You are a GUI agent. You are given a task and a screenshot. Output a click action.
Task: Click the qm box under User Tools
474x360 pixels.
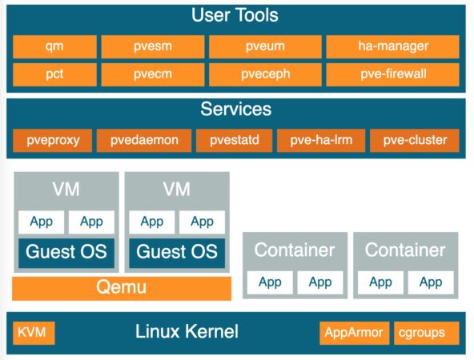pos(54,46)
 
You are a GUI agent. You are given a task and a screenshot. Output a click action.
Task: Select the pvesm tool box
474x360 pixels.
pos(153,46)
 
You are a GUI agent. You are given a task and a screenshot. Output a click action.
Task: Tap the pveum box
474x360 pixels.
pos(265,46)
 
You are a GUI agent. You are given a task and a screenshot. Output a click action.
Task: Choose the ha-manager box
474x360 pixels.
pos(392,46)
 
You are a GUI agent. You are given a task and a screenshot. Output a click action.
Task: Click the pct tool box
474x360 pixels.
pos(54,74)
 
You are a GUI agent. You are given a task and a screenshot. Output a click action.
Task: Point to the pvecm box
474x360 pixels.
pos(153,74)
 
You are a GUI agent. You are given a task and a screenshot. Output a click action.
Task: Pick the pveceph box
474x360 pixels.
pos(265,74)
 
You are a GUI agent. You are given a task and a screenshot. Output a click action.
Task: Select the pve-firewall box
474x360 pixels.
pos(392,74)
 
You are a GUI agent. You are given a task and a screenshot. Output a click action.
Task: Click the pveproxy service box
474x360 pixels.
pos(53,141)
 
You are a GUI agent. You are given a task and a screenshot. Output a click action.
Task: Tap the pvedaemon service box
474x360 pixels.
pos(144,141)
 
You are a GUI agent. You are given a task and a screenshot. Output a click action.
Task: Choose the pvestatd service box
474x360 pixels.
pos(235,141)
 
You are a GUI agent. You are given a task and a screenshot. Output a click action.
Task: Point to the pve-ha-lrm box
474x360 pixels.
pos(321,141)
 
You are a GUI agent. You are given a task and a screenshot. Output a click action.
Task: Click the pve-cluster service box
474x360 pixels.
pos(415,141)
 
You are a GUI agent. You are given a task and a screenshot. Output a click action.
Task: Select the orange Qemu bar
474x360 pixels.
pos(122,289)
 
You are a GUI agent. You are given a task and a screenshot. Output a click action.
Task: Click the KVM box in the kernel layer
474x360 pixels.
pos(34,333)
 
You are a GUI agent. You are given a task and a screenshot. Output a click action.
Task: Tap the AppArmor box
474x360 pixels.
pos(354,333)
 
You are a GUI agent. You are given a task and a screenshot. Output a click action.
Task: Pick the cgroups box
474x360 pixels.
pos(427,333)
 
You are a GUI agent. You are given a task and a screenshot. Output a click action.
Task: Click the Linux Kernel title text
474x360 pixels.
pos(187,331)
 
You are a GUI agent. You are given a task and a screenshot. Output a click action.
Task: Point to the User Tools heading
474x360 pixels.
pos(235,15)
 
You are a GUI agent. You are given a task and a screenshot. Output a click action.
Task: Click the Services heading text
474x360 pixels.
pos(235,109)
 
